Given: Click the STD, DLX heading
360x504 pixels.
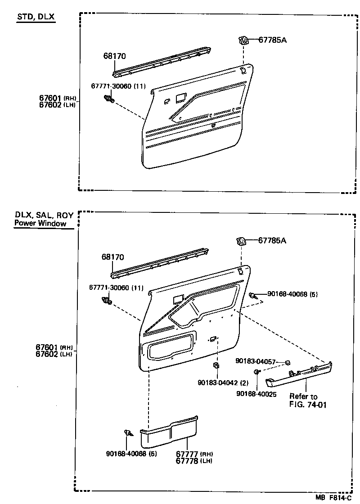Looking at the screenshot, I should pos(36,17).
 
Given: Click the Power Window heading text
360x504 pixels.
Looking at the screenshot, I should pos(40,223).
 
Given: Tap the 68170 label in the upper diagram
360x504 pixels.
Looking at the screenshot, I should pos(114,56).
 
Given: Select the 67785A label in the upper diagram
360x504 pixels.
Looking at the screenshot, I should pos(273,40).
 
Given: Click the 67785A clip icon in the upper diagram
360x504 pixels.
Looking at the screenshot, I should pos(243,40).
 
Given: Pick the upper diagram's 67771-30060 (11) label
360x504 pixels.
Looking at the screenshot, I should pos(118,86).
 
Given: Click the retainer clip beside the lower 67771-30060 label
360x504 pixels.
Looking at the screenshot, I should pos(108,300).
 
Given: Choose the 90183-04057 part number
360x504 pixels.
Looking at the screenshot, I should pos(256,361).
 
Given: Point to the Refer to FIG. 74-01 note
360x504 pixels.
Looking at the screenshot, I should pos(308,400).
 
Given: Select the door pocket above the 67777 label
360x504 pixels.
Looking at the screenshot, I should pos(169,432).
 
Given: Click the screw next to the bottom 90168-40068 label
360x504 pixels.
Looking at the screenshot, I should pos(128,433).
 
